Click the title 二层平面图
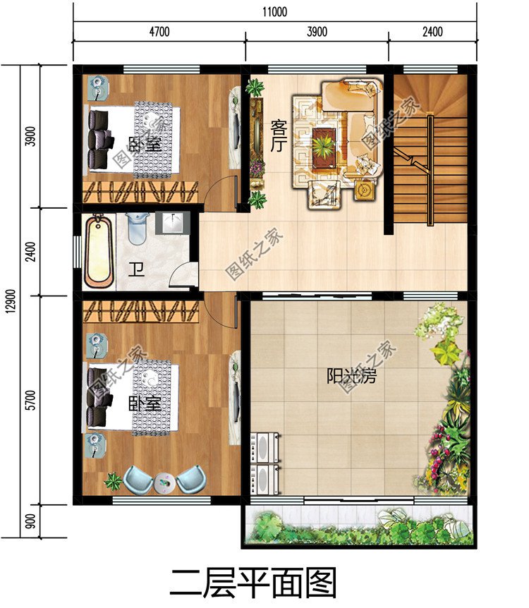coord(253,583)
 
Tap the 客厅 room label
coord(278,139)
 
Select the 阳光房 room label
coord(351,376)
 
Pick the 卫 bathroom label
coord(136,270)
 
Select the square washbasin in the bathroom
coord(172,223)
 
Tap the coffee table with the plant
coord(324,145)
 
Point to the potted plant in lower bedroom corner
coord(112,482)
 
